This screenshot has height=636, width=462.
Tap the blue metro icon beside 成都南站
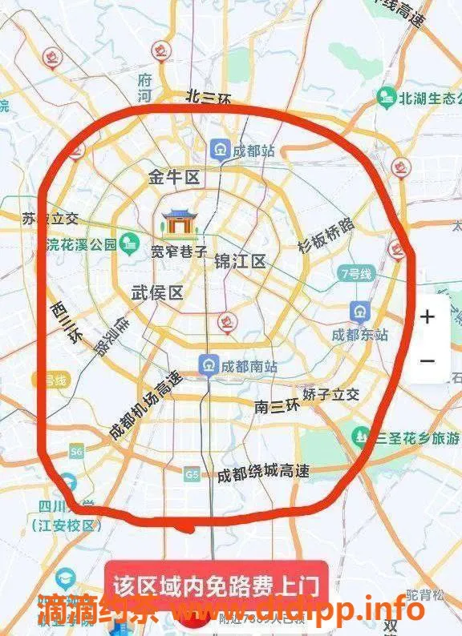[x=209, y=365]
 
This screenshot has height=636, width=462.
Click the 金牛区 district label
[x=173, y=178]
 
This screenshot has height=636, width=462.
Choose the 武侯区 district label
[x=156, y=293]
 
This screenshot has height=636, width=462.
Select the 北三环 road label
[x=208, y=98]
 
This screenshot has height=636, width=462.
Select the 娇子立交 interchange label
[x=330, y=394]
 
